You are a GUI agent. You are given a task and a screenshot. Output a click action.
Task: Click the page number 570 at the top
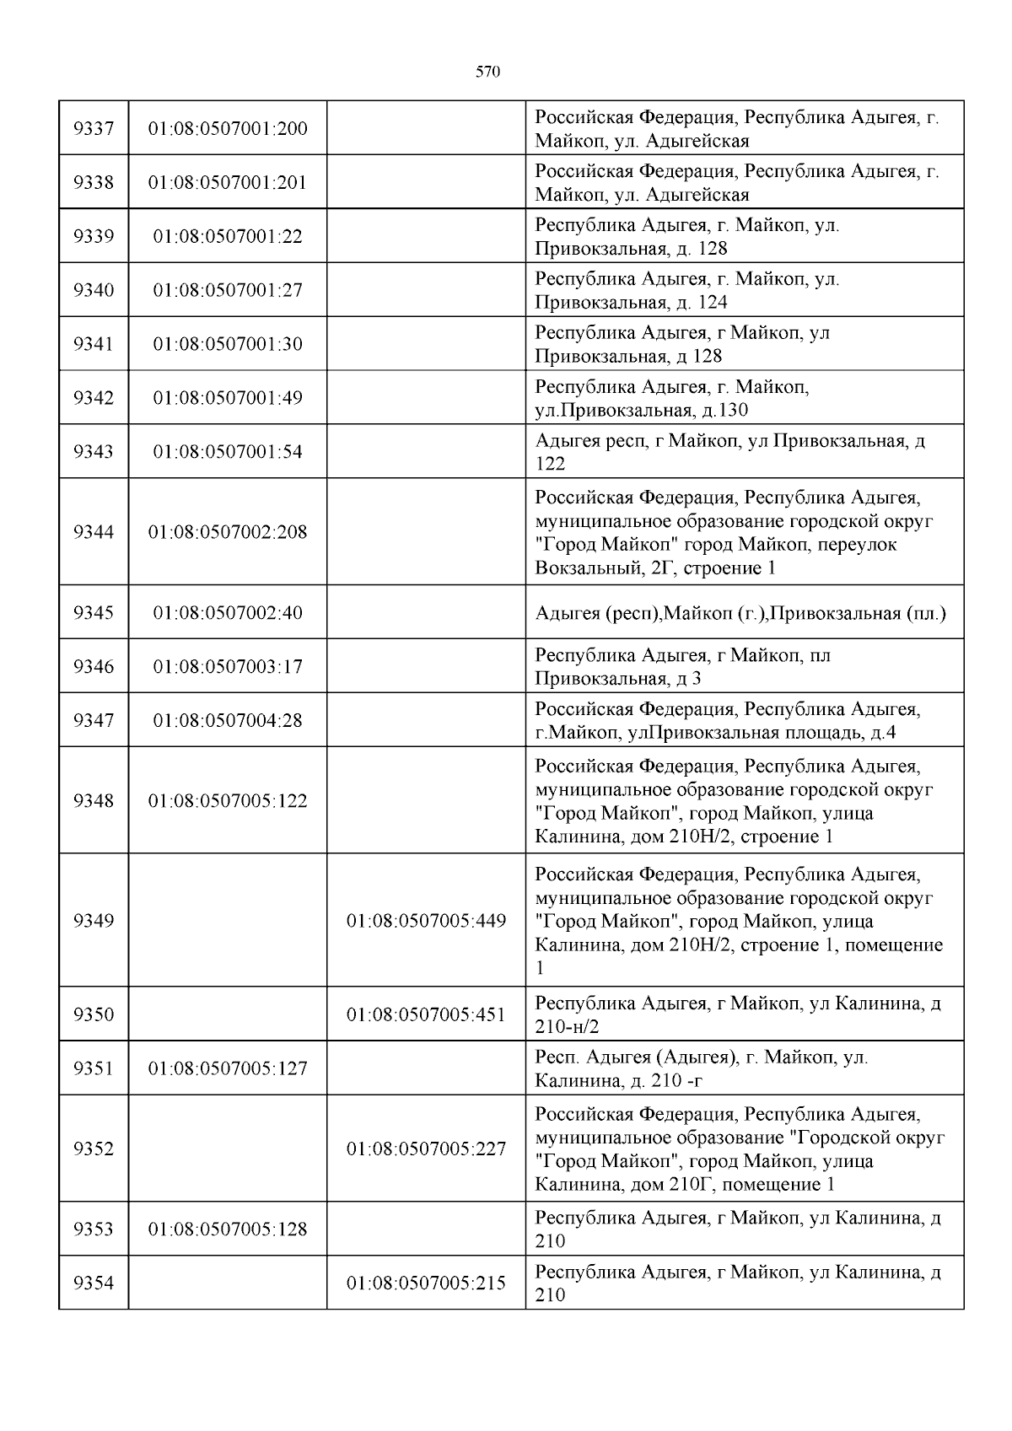click(488, 72)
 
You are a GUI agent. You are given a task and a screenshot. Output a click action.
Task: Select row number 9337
click(94, 129)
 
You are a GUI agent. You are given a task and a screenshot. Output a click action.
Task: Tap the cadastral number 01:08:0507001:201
click(228, 182)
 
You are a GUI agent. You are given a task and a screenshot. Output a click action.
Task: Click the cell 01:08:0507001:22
click(228, 236)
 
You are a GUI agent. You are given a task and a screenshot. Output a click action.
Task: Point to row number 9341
click(94, 344)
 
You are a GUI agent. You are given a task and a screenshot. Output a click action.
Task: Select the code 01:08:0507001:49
click(228, 398)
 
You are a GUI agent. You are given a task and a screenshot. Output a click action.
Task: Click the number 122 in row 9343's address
click(550, 464)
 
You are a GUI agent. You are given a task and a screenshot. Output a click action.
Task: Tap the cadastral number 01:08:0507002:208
click(228, 532)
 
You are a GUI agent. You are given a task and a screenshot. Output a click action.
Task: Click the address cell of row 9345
click(740, 613)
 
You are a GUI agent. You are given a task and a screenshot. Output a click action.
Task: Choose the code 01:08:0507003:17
click(228, 667)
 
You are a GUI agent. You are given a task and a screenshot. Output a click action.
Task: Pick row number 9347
click(94, 720)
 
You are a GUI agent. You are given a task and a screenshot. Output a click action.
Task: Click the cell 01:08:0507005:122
click(228, 800)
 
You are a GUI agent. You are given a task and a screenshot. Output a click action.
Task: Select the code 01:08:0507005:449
click(427, 921)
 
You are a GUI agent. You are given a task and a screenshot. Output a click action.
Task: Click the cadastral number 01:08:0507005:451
click(427, 1014)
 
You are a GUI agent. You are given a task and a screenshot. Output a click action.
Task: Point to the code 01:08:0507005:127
click(228, 1068)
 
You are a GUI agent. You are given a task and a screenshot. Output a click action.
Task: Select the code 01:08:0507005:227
click(427, 1149)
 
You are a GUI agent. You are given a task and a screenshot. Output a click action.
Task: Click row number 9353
click(94, 1229)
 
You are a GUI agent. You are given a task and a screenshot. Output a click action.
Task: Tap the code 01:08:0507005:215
click(427, 1283)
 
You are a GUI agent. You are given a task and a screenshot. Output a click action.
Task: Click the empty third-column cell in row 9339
click(427, 236)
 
